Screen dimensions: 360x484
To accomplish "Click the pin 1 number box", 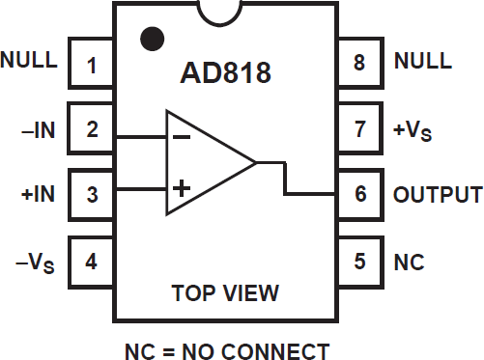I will [93, 66].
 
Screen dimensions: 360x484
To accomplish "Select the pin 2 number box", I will [93, 130].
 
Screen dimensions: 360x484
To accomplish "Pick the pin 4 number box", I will [93, 261].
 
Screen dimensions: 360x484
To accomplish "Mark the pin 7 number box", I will [360, 130].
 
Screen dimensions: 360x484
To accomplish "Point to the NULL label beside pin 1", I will [29, 60].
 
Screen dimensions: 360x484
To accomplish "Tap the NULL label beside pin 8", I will [422, 60].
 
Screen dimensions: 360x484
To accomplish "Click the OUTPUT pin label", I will [437, 194].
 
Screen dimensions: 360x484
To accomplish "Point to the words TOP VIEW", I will [225, 291].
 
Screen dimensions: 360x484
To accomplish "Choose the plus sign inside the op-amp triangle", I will [181, 189].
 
